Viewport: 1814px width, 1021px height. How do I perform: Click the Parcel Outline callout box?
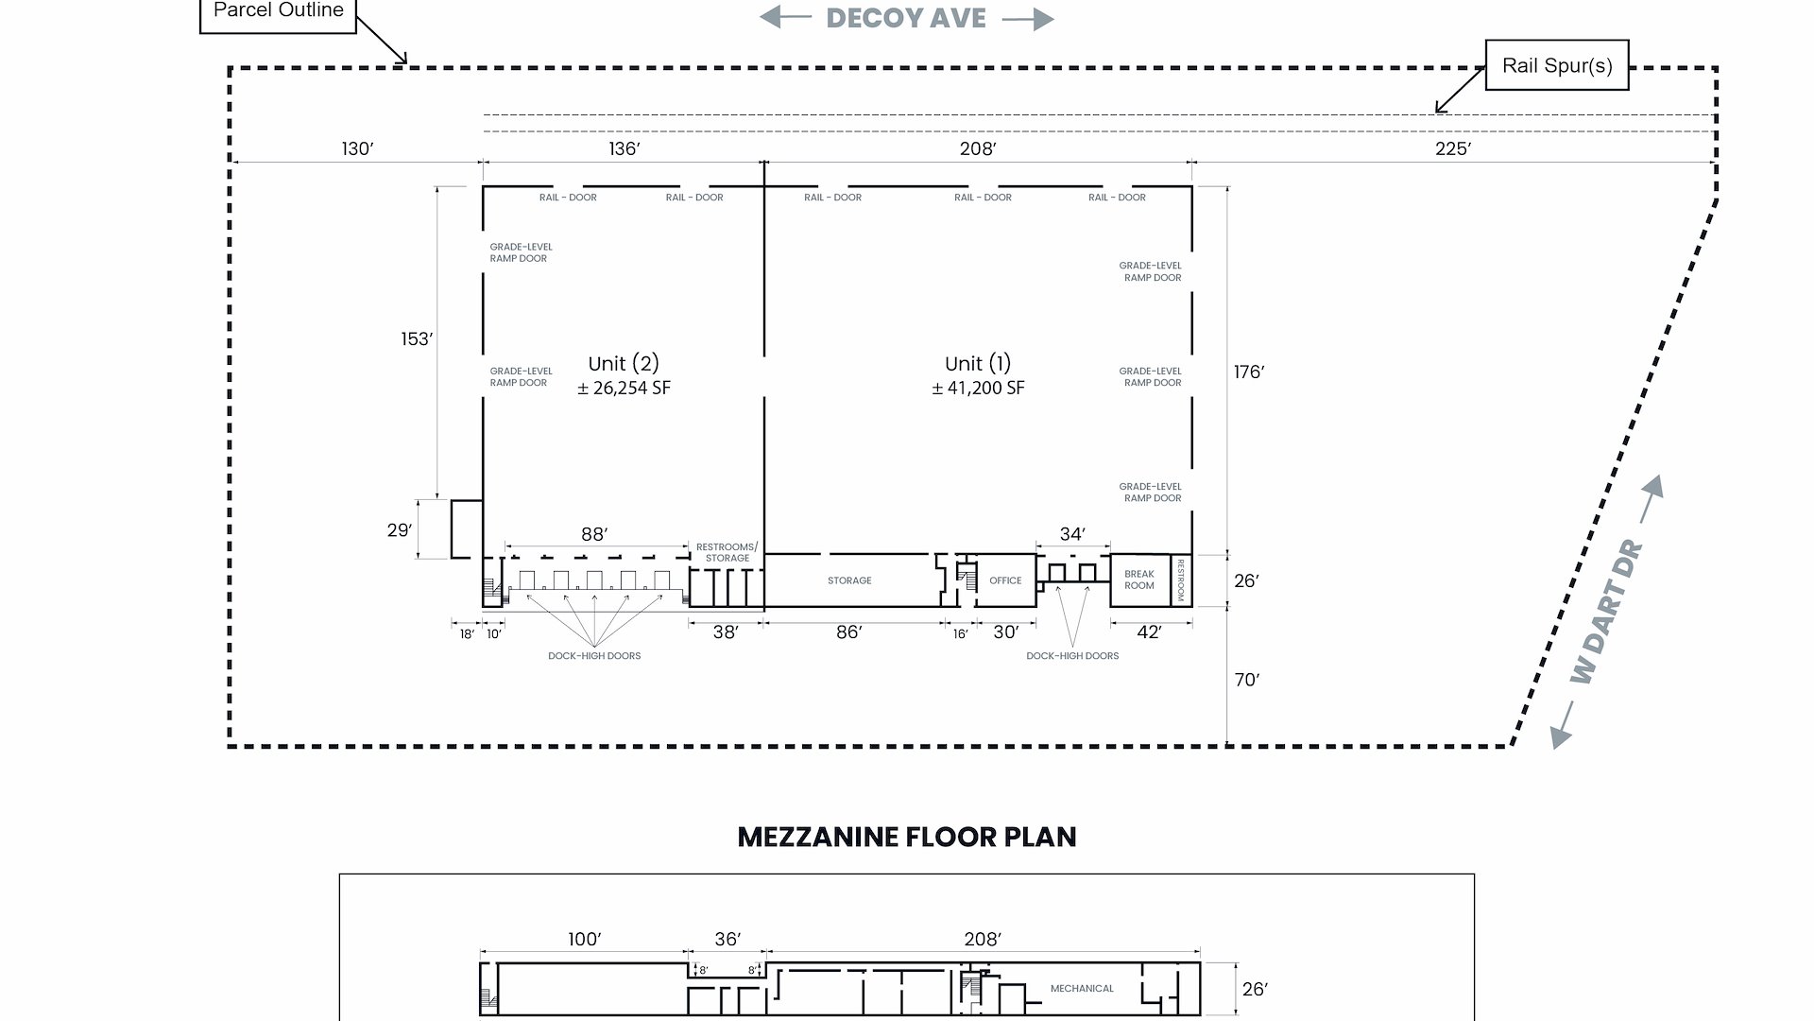pyautogui.click(x=278, y=15)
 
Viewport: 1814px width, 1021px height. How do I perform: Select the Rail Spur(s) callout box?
pyautogui.click(x=1557, y=65)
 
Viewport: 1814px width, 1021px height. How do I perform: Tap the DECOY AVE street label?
pyautogui.click(x=906, y=18)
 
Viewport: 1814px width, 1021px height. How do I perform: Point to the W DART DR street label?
pyautogui.click(x=1607, y=613)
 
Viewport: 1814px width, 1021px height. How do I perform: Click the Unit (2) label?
pyautogui.click(x=624, y=363)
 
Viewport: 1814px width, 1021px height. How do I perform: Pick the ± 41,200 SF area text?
pyautogui.click(x=978, y=388)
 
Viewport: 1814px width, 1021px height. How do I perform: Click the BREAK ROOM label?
pyautogui.click(x=1139, y=580)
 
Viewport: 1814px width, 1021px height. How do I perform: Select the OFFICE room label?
pyautogui.click(x=1005, y=580)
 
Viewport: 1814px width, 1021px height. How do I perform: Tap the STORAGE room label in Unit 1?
pyautogui.click(x=849, y=580)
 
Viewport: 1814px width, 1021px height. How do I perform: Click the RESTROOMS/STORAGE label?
pyautogui.click(x=727, y=552)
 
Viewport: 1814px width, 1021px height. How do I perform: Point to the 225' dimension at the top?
pyautogui.click(x=1453, y=148)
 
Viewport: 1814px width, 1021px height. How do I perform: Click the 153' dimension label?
pyautogui.click(x=417, y=338)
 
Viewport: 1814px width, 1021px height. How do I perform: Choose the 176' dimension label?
pyautogui.click(x=1249, y=372)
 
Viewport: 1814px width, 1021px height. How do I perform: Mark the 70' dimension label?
pyautogui.click(x=1247, y=680)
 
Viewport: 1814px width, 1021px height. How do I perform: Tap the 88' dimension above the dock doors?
pyautogui.click(x=594, y=534)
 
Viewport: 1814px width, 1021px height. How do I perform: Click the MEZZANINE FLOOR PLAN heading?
pyautogui.click(x=907, y=837)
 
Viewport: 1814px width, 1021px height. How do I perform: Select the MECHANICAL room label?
pyautogui.click(x=1082, y=989)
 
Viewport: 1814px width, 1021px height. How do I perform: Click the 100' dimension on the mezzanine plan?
pyautogui.click(x=585, y=939)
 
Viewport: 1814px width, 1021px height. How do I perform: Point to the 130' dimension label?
pyautogui.click(x=358, y=148)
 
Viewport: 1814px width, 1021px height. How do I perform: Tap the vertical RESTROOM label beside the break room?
pyautogui.click(x=1181, y=580)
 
